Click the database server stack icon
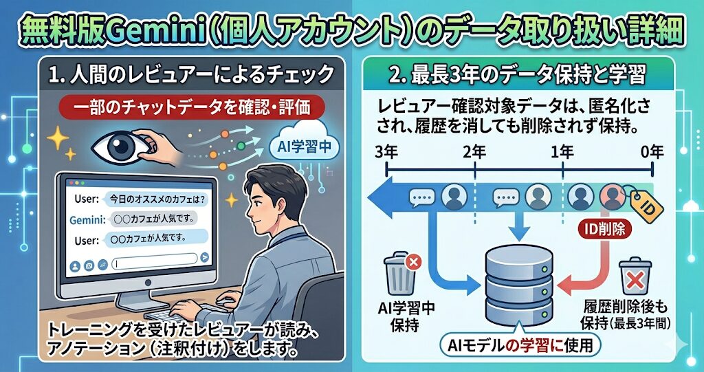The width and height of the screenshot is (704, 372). click(519, 283)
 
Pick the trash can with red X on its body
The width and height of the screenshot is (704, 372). click(635, 276)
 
